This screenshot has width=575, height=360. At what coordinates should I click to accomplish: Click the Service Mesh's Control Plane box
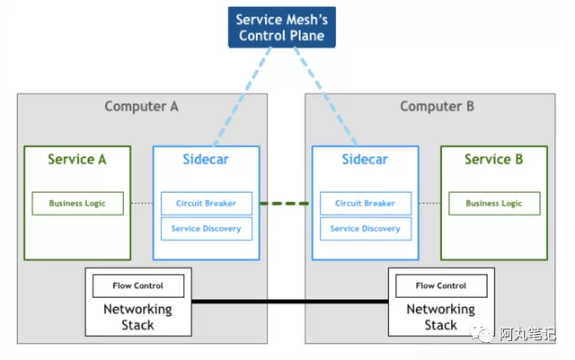pyautogui.click(x=281, y=27)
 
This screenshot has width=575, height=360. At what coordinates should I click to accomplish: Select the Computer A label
pyautogui.click(x=141, y=106)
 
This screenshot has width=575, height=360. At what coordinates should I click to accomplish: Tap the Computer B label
pyautogui.click(x=437, y=106)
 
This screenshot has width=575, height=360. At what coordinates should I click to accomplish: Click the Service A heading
pyautogui.click(x=77, y=159)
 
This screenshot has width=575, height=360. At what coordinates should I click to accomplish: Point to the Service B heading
pyautogui.click(x=493, y=159)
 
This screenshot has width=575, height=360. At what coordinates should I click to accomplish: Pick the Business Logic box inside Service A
pyautogui.click(x=77, y=203)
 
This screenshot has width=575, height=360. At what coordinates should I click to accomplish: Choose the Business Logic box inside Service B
pyautogui.click(x=493, y=203)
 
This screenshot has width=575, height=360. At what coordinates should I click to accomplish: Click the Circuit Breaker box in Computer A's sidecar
pyautogui.click(x=207, y=203)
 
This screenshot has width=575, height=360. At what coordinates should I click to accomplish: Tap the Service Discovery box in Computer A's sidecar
pyautogui.click(x=207, y=229)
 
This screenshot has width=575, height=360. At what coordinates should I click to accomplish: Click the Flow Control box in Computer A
pyautogui.click(x=138, y=285)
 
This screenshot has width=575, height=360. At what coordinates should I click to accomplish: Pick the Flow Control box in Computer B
pyautogui.click(x=441, y=285)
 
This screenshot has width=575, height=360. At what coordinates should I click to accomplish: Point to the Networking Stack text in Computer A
pyautogui.click(x=138, y=317)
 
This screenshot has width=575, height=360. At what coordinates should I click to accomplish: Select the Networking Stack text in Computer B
pyautogui.click(x=441, y=317)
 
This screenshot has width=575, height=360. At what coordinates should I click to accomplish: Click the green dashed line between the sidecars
pyautogui.click(x=285, y=203)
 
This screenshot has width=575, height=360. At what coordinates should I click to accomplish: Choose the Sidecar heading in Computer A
pyautogui.click(x=207, y=159)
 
